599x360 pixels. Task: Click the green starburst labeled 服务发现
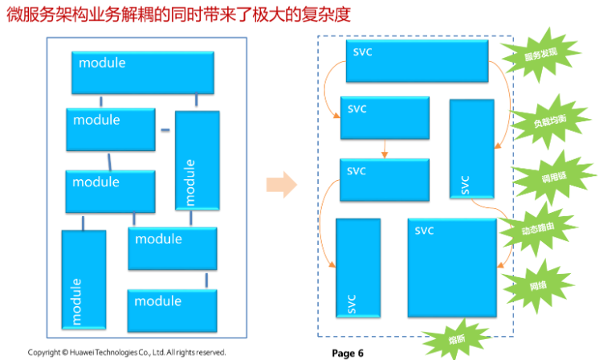540,55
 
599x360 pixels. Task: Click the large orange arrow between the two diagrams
281,184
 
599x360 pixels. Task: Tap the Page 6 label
348,353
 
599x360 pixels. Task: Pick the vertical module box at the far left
84,278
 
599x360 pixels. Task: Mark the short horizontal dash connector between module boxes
165,129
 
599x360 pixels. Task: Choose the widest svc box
418,61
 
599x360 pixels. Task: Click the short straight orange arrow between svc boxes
385,149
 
